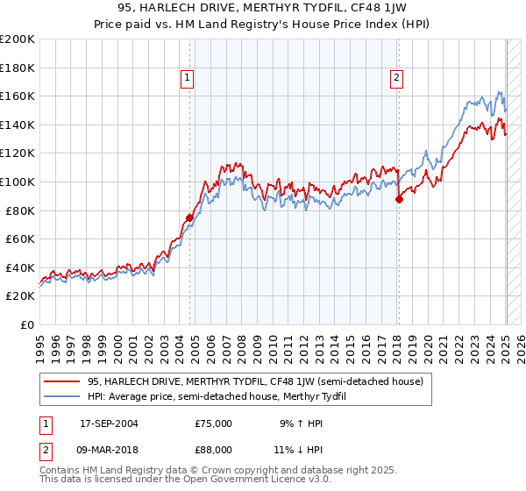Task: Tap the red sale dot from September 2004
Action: (x=189, y=217)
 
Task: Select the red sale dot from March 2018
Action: (x=399, y=199)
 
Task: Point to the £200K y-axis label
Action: (x=18, y=39)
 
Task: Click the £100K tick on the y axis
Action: (x=18, y=181)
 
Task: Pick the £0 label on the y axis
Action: (x=26, y=324)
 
